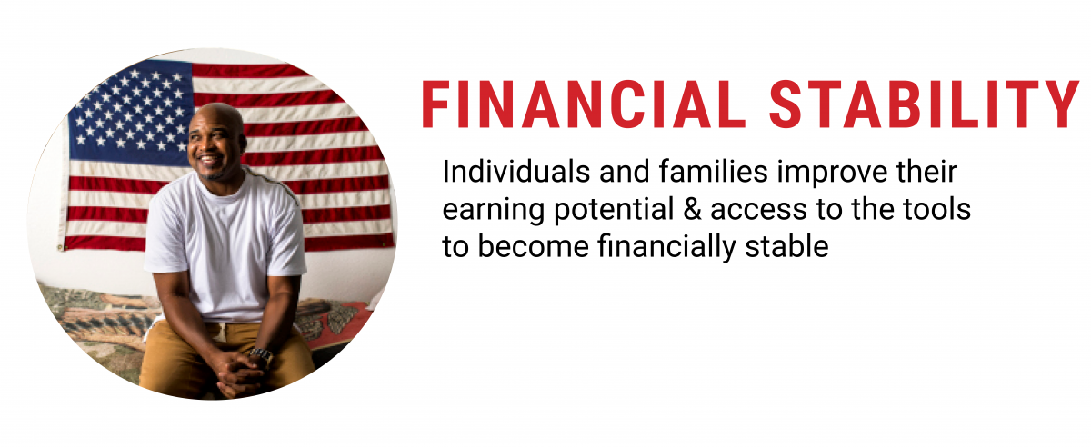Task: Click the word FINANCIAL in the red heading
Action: point(584,104)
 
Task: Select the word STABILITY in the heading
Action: point(925,104)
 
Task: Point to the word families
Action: point(714,172)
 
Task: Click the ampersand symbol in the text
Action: point(693,209)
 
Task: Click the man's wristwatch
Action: point(262,355)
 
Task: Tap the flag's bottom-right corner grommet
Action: point(385,243)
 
